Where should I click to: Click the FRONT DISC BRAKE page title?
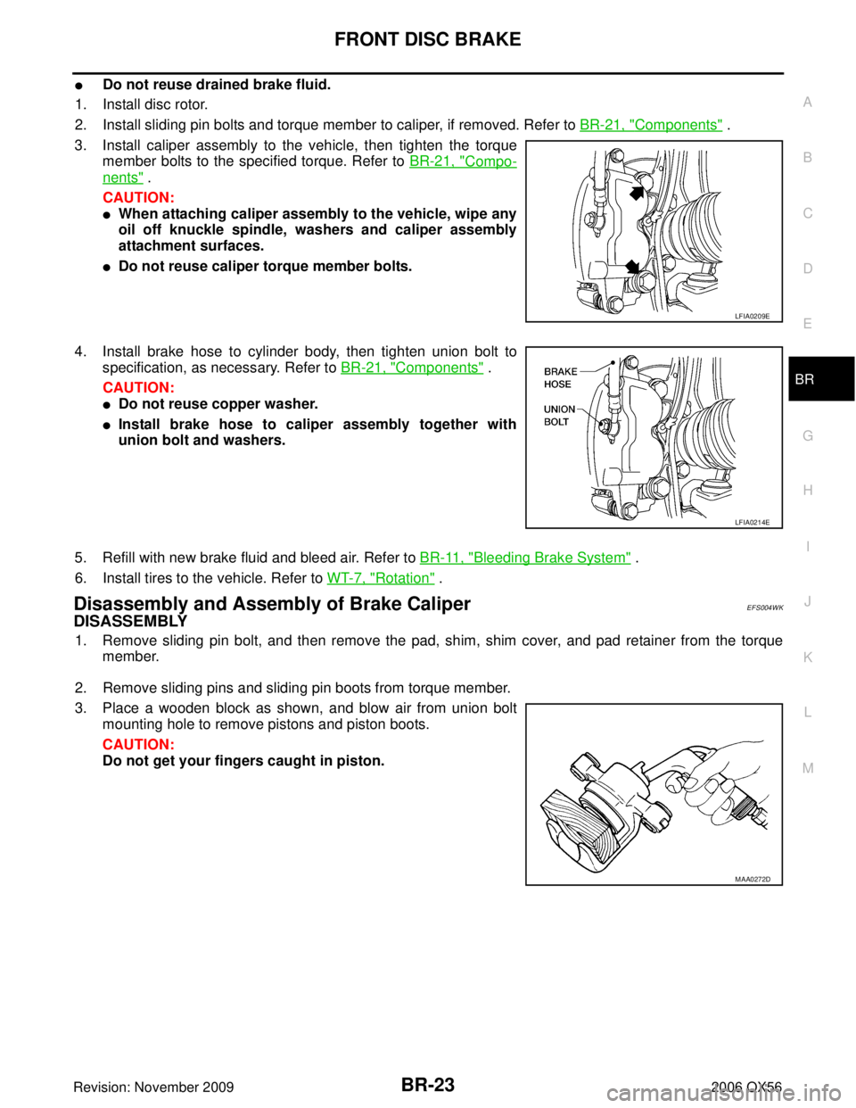point(427,39)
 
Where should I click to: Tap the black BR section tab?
point(821,379)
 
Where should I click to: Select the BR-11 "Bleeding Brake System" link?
point(525,558)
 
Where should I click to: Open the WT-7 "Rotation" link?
point(381,578)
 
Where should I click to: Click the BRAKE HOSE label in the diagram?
point(561,378)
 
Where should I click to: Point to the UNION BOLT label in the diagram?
point(559,416)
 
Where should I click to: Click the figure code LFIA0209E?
point(752,316)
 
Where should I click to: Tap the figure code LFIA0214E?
point(752,522)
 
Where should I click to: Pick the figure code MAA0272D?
point(753,879)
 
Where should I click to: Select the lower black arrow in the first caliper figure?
point(634,267)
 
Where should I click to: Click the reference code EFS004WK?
point(765,608)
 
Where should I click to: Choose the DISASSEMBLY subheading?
point(130,622)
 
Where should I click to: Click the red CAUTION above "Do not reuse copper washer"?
point(138,387)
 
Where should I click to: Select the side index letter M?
point(808,768)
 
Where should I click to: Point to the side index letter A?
point(808,103)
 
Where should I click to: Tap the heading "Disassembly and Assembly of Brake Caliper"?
point(272,604)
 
